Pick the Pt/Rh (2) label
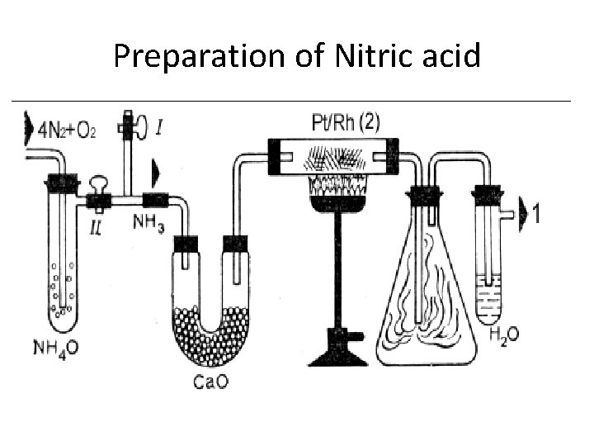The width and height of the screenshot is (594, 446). (x=346, y=123)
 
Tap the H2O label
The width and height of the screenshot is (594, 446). (x=505, y=335)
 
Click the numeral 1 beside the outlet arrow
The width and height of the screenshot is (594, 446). (x=537, y=214)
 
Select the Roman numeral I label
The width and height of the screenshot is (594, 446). (x=158, y=127)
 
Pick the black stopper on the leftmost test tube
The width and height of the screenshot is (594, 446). (x=59, y=183)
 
